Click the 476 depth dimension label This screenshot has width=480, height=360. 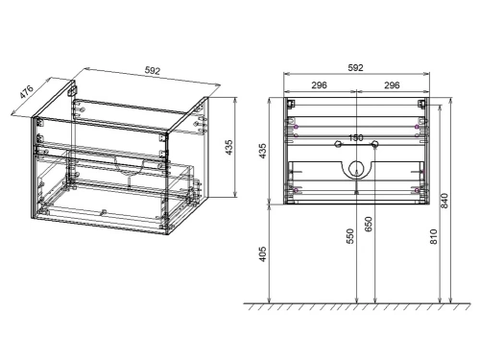click(x=28, y=94)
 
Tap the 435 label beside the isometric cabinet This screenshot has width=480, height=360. click(x=228, y=147)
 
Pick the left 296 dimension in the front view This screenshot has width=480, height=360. click(x=320, y=84)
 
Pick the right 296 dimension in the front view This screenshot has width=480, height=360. click(x=391, y=84)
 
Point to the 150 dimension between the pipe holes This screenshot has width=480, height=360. click(x=355, y=137)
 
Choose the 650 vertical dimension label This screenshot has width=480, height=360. click(x=370, y=228)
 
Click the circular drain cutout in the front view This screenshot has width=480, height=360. click(x=356, y=170)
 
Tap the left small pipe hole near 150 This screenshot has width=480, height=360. click(x=337, y=145)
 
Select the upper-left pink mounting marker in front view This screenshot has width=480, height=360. click(x=296, y=127)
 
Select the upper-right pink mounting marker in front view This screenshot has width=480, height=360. click(x=416, y=127)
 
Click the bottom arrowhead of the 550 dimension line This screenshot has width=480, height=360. click(x=356, y=300)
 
